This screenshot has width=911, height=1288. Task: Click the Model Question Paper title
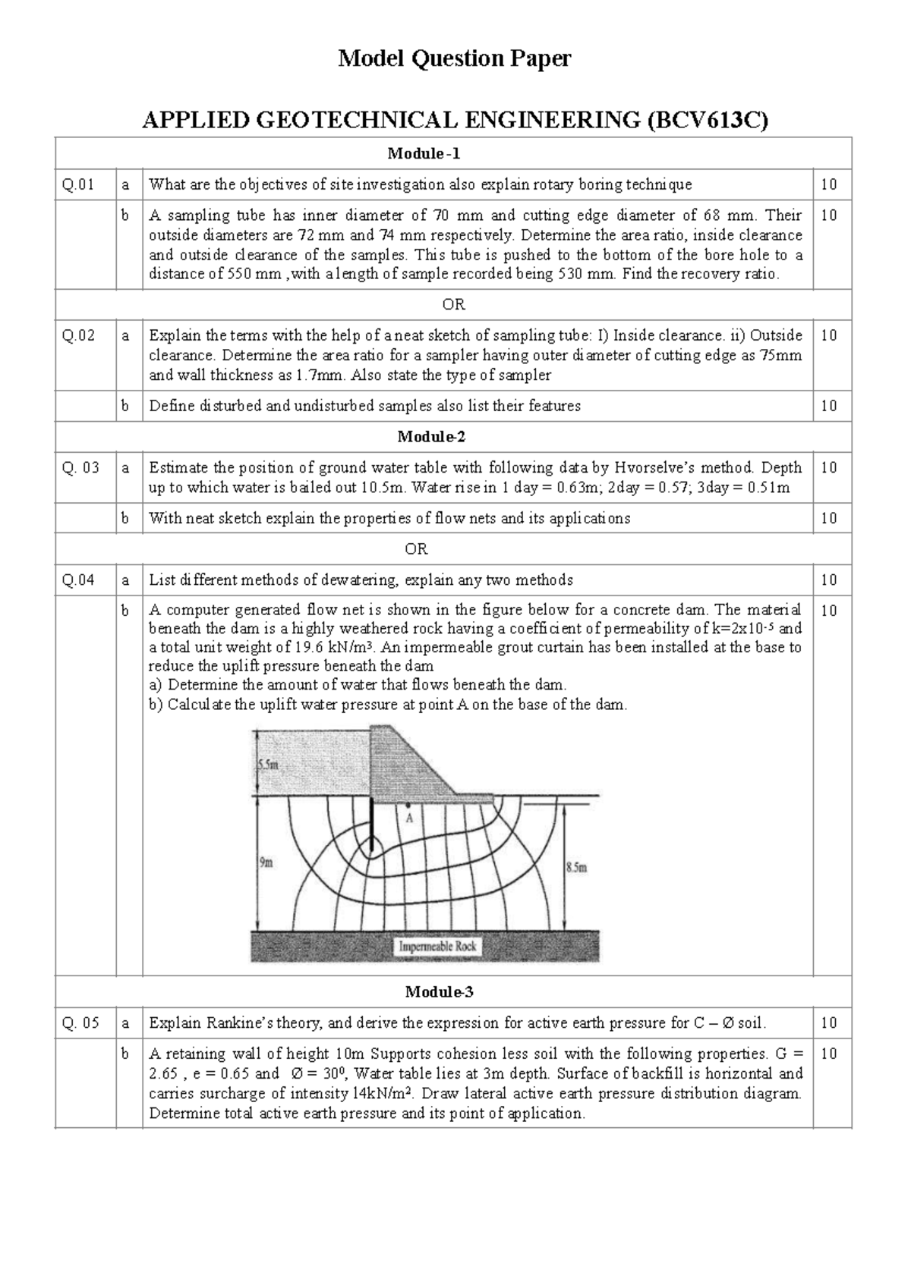[454, 58]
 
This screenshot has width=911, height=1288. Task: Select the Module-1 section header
[433, 154]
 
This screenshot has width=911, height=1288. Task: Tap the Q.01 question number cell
[79, 184]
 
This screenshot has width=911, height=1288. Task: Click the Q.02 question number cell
[79, 335]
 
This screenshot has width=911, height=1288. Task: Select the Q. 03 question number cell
[80, 468]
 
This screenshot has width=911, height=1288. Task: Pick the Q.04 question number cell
[79, 580]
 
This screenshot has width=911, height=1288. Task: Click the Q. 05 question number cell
[80, 1023]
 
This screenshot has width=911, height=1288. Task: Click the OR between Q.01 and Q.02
[453, 305]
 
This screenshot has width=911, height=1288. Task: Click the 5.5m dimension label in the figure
[267, 765]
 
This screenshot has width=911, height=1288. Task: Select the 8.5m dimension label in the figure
[576, 868]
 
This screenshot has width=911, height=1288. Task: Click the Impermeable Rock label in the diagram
[437, 947]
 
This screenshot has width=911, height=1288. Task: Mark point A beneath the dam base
[408, 805]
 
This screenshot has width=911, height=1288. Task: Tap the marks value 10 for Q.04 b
[829, 611]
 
